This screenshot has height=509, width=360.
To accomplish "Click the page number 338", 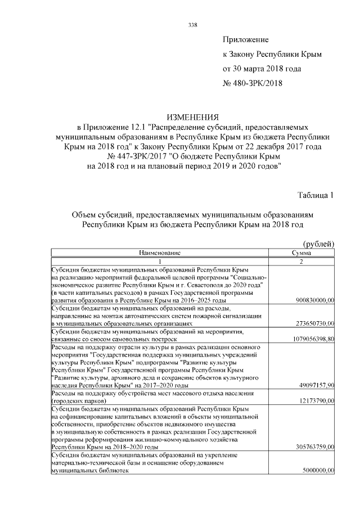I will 192,25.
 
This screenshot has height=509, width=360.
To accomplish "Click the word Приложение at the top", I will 246,40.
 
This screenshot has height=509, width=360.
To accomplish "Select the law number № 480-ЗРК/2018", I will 253,84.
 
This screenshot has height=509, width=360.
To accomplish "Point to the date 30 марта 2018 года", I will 262,69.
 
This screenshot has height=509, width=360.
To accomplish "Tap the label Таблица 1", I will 316,195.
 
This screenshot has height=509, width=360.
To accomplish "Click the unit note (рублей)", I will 318,244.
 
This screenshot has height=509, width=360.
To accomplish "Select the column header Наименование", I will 160,253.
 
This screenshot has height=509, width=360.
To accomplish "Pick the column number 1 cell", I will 160,262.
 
